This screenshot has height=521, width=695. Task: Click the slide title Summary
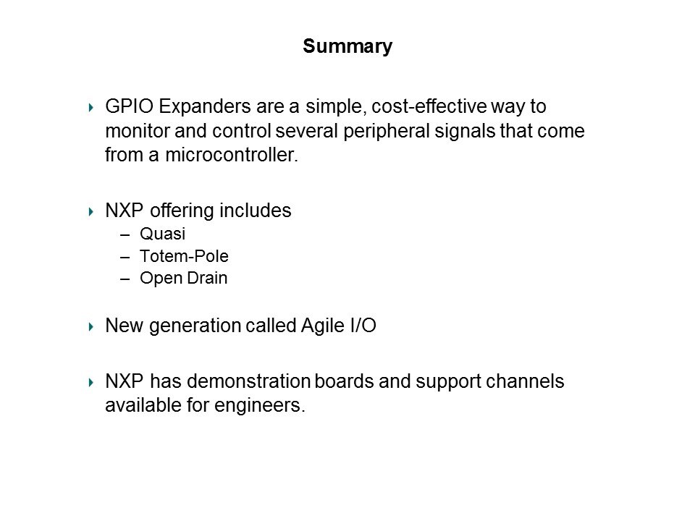347,46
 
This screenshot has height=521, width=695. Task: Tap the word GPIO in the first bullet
130,106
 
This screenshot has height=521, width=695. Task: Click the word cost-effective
429,106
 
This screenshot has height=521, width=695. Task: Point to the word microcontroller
232,155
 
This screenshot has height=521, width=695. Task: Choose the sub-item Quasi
163,234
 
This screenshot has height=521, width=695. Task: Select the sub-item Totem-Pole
185,256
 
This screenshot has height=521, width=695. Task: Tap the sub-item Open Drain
183,278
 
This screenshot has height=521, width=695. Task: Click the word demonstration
248,381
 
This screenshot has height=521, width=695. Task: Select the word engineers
259,406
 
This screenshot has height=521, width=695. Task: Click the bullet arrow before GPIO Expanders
91,107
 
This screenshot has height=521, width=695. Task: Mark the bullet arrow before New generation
91,327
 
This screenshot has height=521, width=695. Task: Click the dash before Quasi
125,234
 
